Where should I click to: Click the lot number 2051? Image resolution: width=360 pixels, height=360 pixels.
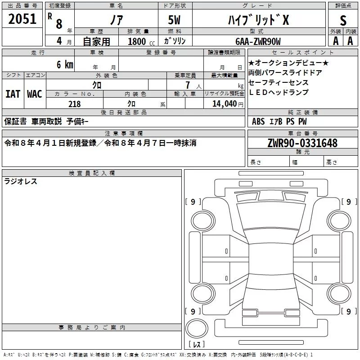pyautogui.click(x=22, y=19)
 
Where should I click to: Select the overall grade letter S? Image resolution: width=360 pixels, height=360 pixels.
pyautogui.click(x=343, y=21)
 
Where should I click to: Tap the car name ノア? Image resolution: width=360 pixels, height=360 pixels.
pyautogui.click(x=117, y=20)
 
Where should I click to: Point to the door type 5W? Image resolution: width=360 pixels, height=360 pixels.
pyautogui.click(x=174, y=20)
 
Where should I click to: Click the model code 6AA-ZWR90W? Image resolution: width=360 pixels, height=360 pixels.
pyautogui.click(x=258, y=41)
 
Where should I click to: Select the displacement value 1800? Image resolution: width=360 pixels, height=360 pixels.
pyautogui.click(x=137, y=41)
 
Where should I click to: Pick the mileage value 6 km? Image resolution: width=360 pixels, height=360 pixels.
pyautogui.click(x=65, y=64)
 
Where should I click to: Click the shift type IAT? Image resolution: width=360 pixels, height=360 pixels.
pyautogui.click(x=13, y=94)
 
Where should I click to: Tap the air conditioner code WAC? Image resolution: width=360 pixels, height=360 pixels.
pyautogui.click(x=35, y=94)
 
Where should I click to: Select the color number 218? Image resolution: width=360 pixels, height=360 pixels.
pyautogui.click(x=74, y=104)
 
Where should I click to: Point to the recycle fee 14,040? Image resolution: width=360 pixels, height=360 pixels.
pyautogui.click(x=224, y=104)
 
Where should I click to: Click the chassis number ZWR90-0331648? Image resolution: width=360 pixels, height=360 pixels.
pyautogui.click(x=302, y=143)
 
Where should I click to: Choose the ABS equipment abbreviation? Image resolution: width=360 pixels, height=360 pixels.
pyautogui.click(x=258, y=121)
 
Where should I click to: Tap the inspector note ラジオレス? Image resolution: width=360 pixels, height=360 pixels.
pyautogui.click(x=21, y=181)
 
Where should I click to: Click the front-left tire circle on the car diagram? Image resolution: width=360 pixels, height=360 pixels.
pyautogui.click(x=203, y=221)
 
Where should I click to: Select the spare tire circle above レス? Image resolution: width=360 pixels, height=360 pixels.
pyautogui.click(x=197, y=328)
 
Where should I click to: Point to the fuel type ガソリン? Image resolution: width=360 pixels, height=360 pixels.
pyautogui.click(x=175, y=41)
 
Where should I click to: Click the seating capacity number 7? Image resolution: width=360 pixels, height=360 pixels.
pyautogui.click(x=188, y=85)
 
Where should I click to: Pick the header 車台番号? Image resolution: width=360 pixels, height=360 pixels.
pyautogui.click(x=302, y=133)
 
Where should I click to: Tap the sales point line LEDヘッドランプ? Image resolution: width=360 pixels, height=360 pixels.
pyautogui.click(x=279, y=92)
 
